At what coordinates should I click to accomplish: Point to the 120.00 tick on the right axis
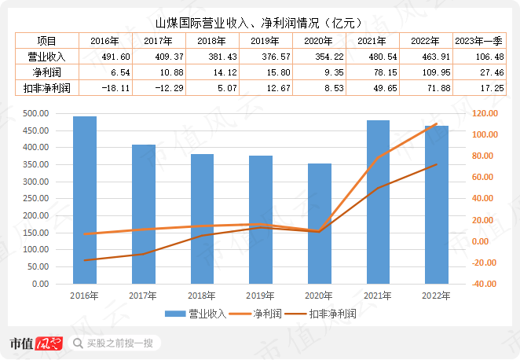[482, 113]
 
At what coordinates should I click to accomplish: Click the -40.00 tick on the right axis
[482, 284]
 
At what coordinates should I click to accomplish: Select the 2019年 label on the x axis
[261, 296]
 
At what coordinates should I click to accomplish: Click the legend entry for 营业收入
[197, 314]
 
